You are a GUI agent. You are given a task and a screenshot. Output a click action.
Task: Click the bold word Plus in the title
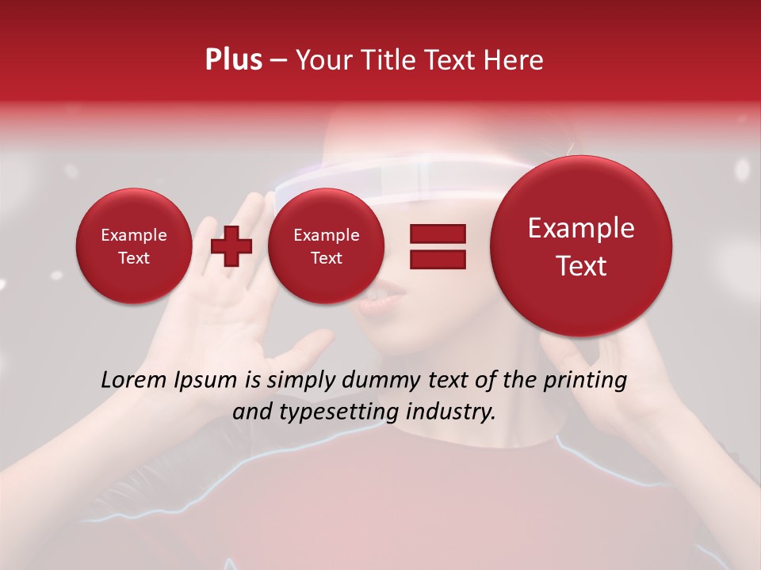tap(233, 60)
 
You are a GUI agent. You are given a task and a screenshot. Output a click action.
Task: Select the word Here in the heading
tap(514, 60)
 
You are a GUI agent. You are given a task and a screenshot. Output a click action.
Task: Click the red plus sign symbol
tap(231, 246)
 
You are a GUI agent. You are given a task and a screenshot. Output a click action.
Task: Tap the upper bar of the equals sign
tap(438, 234)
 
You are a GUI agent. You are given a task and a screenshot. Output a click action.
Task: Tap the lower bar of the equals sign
tap(438, 259)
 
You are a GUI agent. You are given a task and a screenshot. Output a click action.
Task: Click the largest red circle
tap(581, 246)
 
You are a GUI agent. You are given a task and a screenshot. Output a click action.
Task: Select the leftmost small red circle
tap(133, 246)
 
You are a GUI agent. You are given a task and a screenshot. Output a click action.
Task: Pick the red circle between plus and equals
tap(325, 246)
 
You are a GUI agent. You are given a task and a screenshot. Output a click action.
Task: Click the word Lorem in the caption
tap(131, 380)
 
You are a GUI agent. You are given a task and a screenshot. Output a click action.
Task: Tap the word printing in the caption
tap(585, 381)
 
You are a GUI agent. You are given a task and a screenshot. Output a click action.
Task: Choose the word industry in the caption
tap(451, 412)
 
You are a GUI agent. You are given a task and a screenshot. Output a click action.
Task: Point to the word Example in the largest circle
tap(581, 228)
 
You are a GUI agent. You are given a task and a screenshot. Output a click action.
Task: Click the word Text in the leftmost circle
tap(133, 258)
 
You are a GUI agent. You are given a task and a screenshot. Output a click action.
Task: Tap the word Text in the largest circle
tap(581, 266)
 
